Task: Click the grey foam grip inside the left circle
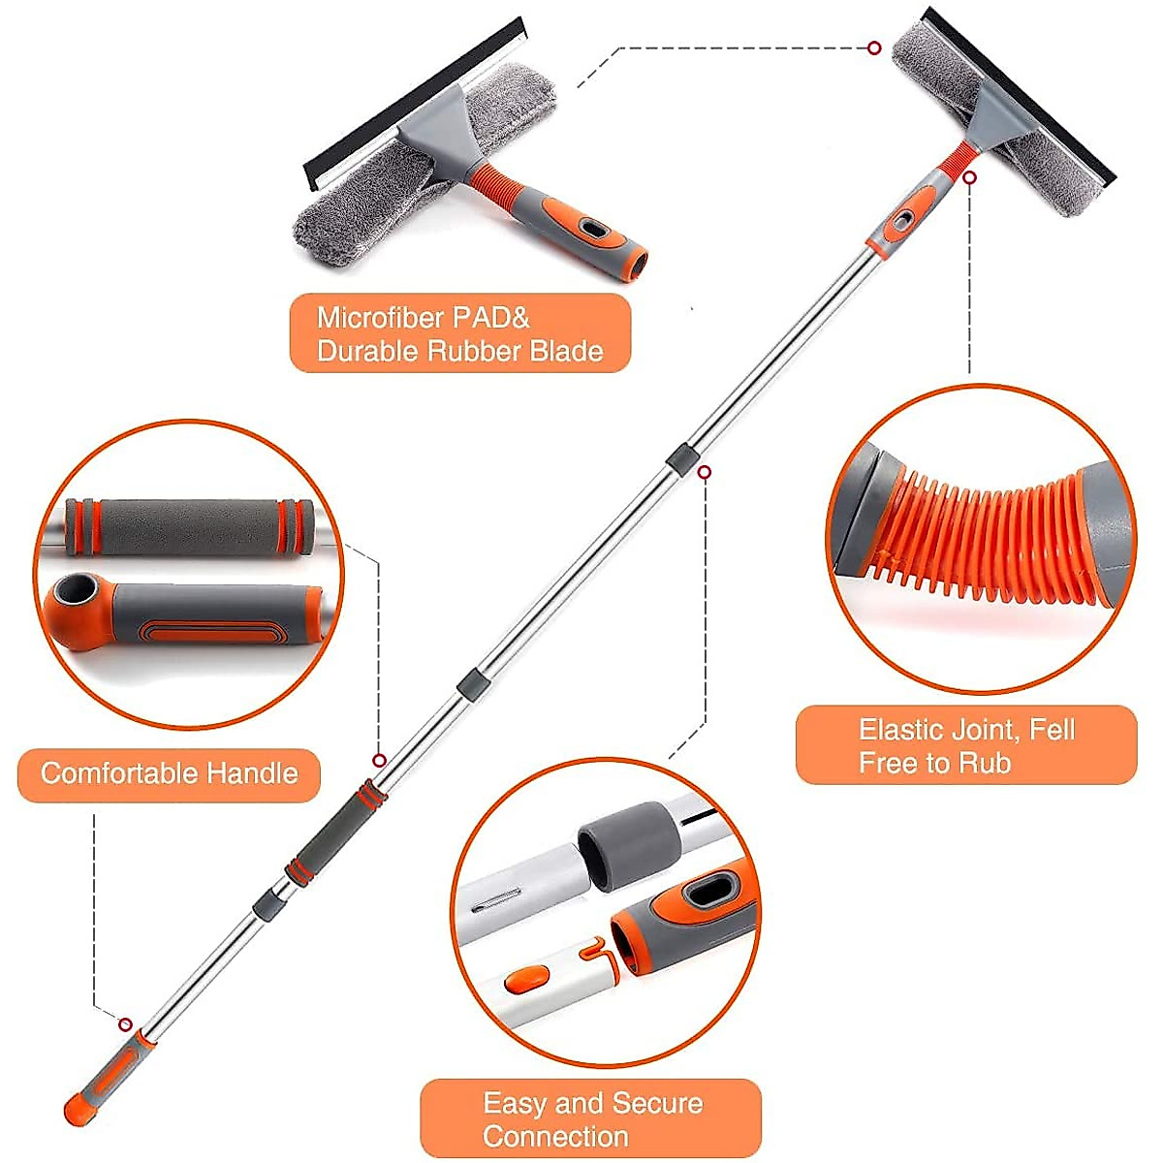pos(189,527)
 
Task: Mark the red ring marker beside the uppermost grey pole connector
pos(706,472)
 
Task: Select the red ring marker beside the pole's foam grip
pos(380,761)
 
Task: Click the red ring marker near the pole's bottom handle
pos(125,1024)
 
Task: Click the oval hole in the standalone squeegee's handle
pos(589,227)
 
